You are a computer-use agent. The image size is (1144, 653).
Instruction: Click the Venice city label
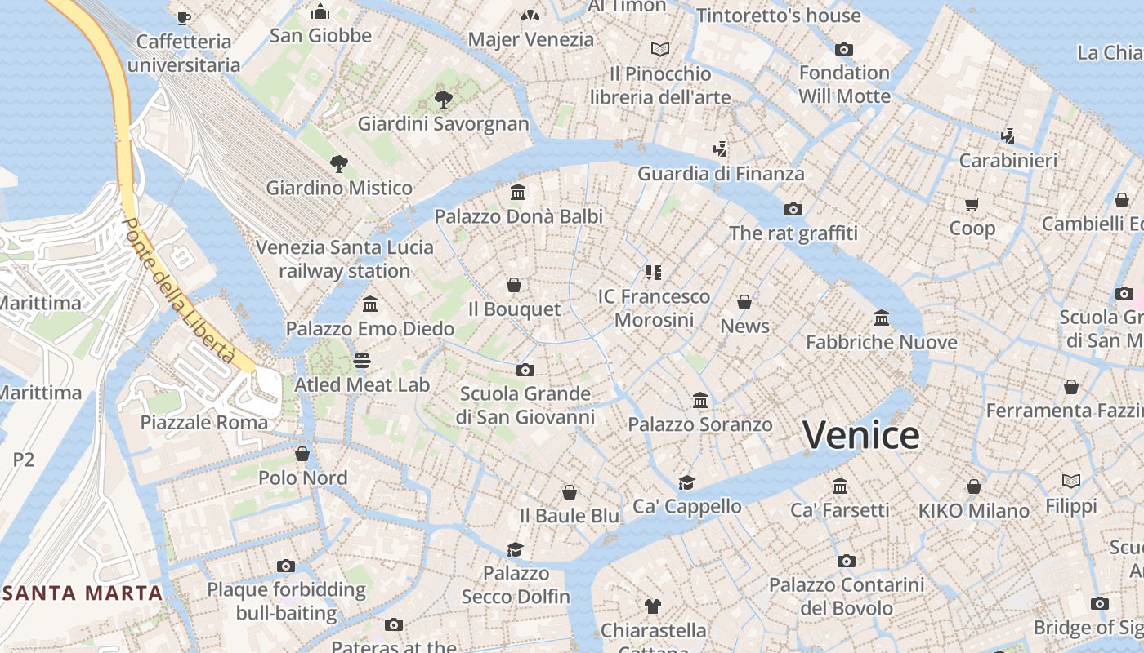point(860,435)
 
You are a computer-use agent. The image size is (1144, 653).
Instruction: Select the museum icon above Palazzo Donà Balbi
point(518,193)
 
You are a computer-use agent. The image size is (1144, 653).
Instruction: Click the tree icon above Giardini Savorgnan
point(444,100)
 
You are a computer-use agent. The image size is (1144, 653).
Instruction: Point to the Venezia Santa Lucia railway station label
point(345,259)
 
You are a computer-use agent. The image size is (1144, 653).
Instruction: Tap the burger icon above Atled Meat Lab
point(362,360)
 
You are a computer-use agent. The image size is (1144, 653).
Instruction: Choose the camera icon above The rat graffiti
point(793,210)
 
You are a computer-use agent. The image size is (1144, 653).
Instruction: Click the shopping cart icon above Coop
point(972,204)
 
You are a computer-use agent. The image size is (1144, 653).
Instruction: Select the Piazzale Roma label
point(203,422)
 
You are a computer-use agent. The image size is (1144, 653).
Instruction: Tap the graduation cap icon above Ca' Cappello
point(686,482)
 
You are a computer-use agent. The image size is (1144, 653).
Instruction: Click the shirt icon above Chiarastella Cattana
point(652,606)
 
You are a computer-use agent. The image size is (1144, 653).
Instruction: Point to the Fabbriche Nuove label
point(882,342)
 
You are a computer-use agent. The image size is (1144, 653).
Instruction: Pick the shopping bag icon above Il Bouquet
point(514,285)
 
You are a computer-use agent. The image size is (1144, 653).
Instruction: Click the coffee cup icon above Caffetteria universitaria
point(183,17)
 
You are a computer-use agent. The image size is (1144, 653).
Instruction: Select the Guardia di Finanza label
point(721,173)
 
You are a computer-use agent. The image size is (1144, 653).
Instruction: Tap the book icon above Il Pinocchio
point(660,49)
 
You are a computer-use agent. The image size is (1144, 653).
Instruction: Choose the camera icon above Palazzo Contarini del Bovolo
point(846,561)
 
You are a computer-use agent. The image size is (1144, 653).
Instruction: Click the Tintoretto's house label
point(779,16)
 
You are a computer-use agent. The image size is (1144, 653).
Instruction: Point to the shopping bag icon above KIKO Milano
point(973,486)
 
